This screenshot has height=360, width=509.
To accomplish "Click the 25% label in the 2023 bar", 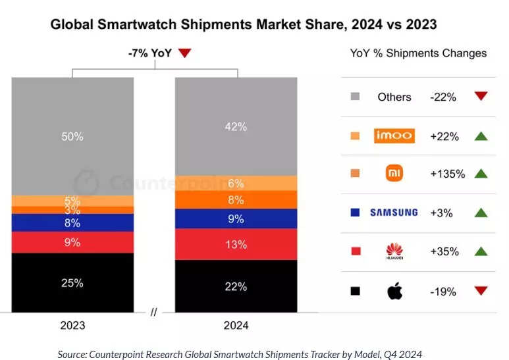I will pos(72,283).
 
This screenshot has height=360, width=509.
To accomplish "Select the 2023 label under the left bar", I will pos(72,325).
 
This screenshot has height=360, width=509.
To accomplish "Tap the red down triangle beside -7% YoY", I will pos(184,53).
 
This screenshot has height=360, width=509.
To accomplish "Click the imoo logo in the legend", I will pos(394,136).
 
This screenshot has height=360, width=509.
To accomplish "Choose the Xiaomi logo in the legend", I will pos(394,174).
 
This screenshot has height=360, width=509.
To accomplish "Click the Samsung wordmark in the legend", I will pos(394,213).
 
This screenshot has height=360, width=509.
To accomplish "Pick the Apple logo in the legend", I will pos(394,290).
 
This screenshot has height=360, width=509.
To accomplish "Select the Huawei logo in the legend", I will pos(394,251).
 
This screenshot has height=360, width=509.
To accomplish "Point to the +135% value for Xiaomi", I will pos(447,174).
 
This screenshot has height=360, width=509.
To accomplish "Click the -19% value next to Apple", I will pos(443,291).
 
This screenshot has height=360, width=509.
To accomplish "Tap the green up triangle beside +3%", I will pos(480,213).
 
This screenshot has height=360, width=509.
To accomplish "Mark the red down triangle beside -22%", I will pos(480,97).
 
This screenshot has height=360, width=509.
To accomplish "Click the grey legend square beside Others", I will pos(356,97).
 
